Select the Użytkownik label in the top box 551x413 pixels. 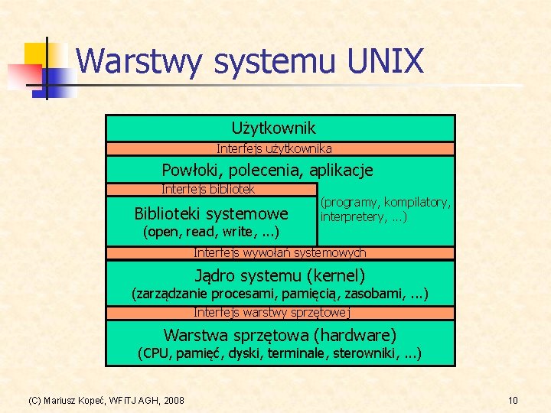[273, 128]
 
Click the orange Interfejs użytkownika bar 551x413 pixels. [274, 148]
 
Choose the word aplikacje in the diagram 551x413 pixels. [337, 170]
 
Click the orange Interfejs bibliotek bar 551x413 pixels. [208, 189]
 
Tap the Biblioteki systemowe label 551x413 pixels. [211, 213]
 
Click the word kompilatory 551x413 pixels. [417, 203]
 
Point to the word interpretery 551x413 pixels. [354, 217]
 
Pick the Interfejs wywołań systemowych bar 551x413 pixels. [279, 252]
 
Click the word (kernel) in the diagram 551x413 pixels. [336, 275]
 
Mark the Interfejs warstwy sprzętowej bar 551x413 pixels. [272, 312]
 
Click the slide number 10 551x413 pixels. [513, 400]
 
